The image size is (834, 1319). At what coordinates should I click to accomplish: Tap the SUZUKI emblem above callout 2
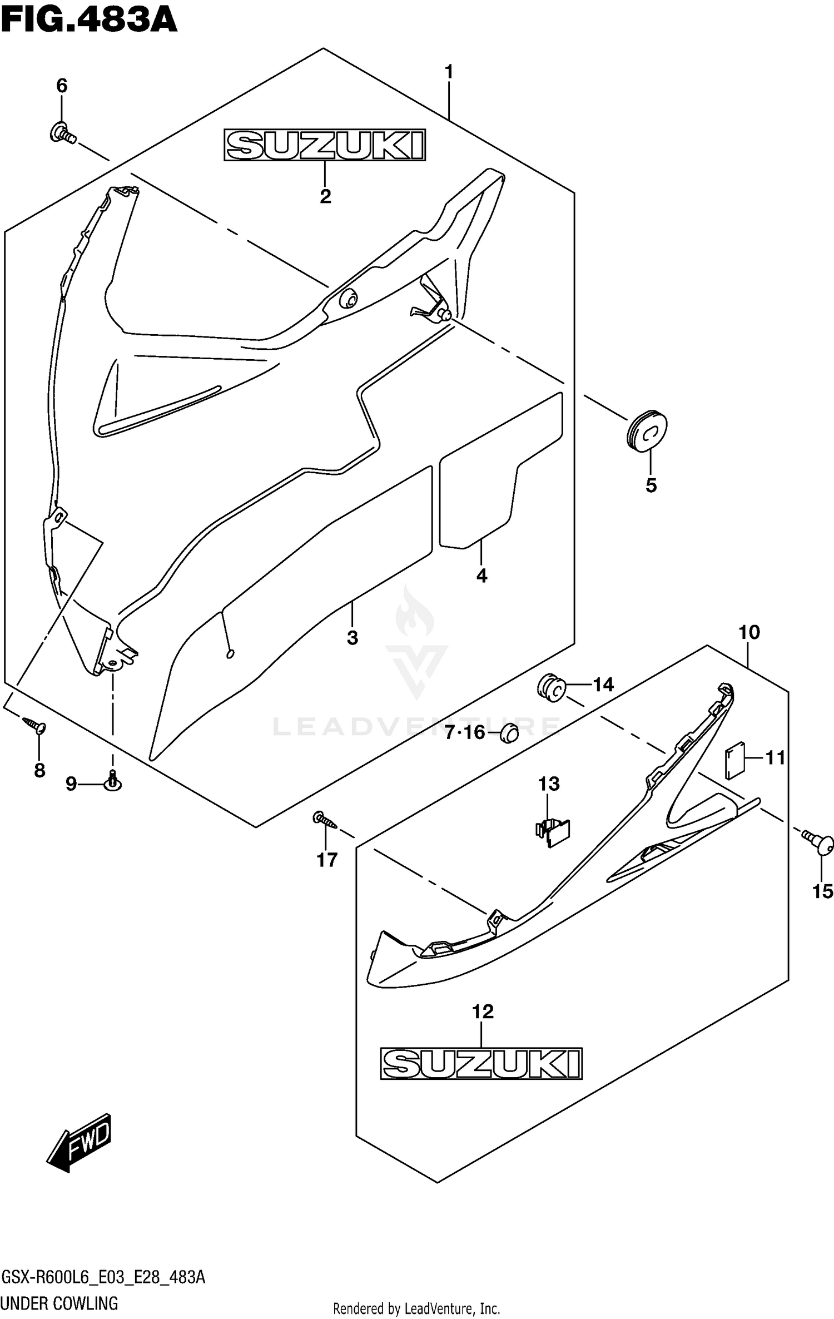click(325, 145)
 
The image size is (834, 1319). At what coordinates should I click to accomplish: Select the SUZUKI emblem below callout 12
click(481, 1063)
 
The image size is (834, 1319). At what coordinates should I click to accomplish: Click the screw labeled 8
click(34, 725)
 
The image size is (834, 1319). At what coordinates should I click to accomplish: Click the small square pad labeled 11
click(734, 760)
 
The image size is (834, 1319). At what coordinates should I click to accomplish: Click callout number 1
click(449, 72)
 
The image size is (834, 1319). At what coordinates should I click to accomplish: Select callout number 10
click(749, 632)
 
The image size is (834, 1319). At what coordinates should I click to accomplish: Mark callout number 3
click(353, 638)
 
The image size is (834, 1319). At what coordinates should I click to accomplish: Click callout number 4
click(481, 576)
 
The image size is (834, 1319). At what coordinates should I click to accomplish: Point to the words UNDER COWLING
click(60, 1301)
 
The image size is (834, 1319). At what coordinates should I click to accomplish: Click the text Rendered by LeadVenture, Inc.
click(416, 1307)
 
